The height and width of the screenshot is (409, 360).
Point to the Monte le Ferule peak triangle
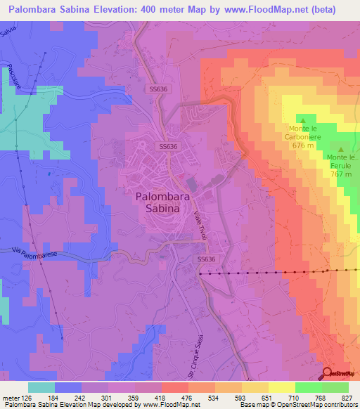pos(342,149)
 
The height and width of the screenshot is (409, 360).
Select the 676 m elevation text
pos(302,145)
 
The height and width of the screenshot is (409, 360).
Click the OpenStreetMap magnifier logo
pos(328,373)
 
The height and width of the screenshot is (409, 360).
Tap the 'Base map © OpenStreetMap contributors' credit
pos(298,405)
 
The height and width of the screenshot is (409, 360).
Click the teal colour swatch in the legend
pos(41,387)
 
